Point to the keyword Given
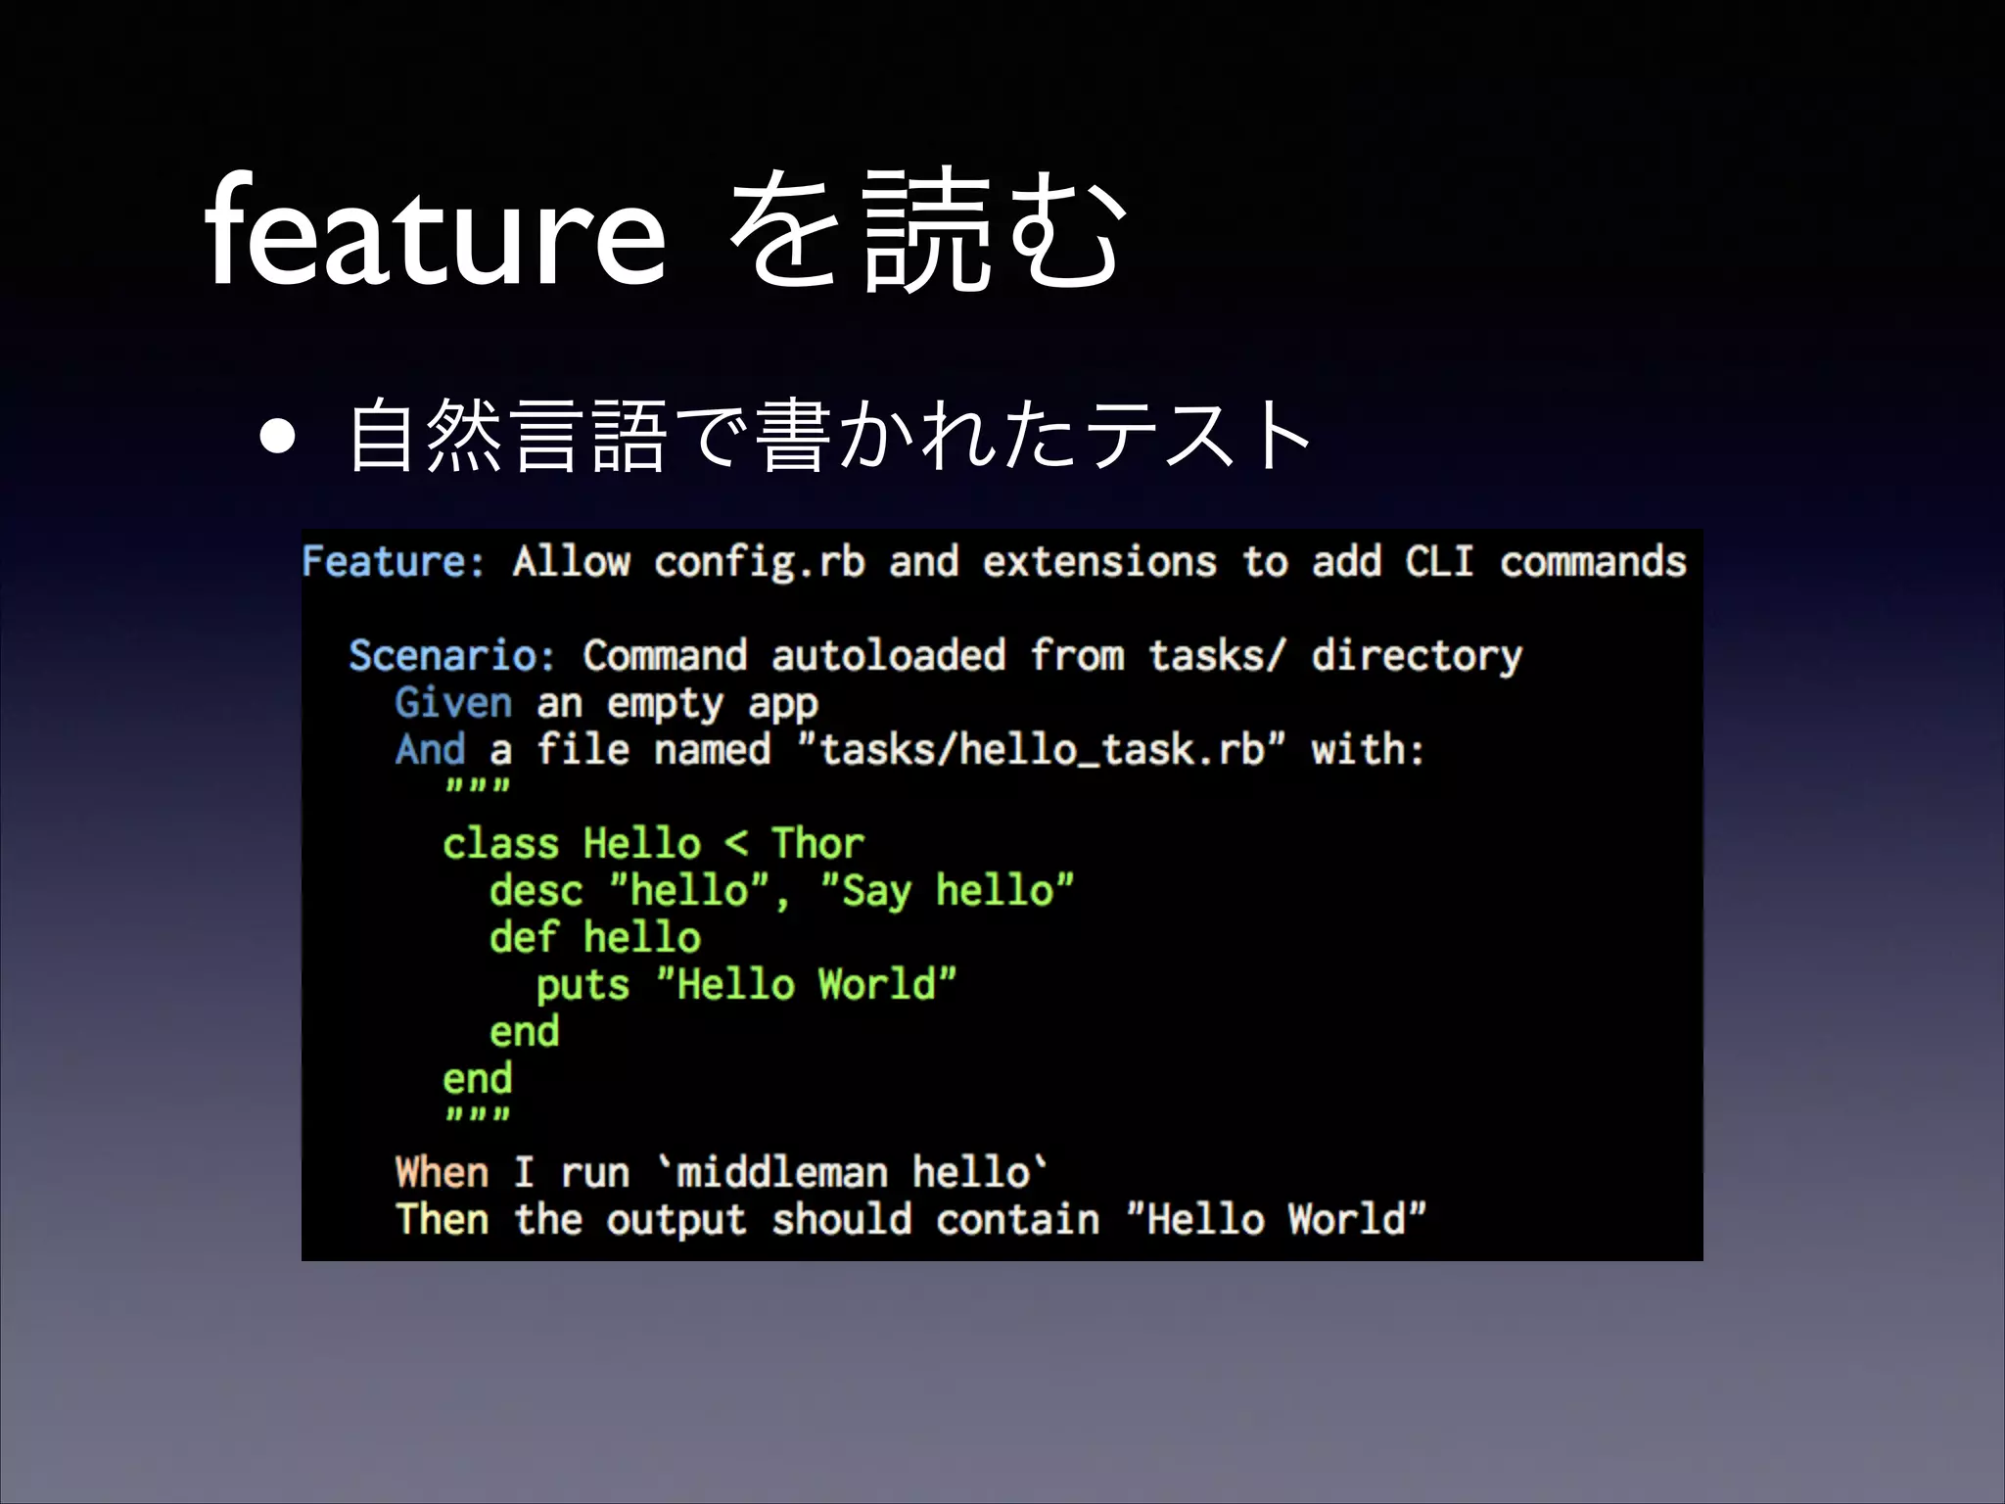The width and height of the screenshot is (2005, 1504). [453, 703]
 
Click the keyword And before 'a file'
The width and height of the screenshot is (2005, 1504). [430, 750]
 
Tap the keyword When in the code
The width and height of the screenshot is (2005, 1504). [442, 1172]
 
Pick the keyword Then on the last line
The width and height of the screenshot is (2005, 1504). [442, 1219]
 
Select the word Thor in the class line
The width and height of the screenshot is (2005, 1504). [817, 843]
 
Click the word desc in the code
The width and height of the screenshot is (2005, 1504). [536, 891]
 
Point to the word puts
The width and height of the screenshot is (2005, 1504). [583, 985]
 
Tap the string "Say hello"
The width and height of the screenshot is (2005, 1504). [947, 891]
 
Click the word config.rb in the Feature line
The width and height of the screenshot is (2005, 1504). [759, 562]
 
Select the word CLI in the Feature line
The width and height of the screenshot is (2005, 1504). [1439, 562]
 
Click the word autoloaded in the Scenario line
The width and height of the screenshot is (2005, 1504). [888, 655]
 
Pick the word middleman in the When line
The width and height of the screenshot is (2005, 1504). [782, 1172]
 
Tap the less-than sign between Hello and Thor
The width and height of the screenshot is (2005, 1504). [736, 844]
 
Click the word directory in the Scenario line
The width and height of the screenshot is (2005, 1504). [1417, 655]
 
